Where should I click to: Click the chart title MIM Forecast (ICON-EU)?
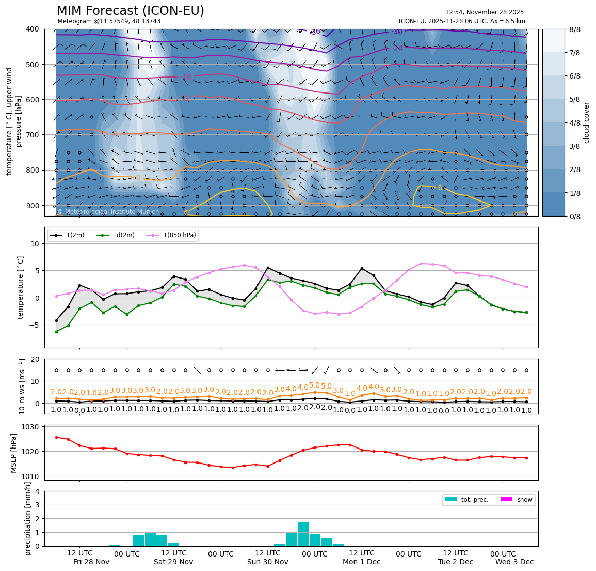click(x=130, y=11)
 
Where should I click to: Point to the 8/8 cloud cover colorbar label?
click(x=574, y=29)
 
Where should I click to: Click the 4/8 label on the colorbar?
click(x=574, y=123)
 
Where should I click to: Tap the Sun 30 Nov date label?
click(x=267, y=562)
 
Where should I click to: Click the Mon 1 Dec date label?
click(x=361, y=562)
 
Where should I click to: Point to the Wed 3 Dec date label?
click(x=514, y=562)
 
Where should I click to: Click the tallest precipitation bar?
click(x=303, y=534)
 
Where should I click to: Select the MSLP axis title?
click(x=14, y=452)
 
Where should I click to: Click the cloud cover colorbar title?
click(x=586, y=122)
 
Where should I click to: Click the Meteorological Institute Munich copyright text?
click(x=108, y=212)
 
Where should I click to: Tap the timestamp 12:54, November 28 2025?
click(x=484, y=12)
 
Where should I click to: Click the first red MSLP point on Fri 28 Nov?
click(x=56, y=437)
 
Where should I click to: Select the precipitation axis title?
click(x=28, y=518)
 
